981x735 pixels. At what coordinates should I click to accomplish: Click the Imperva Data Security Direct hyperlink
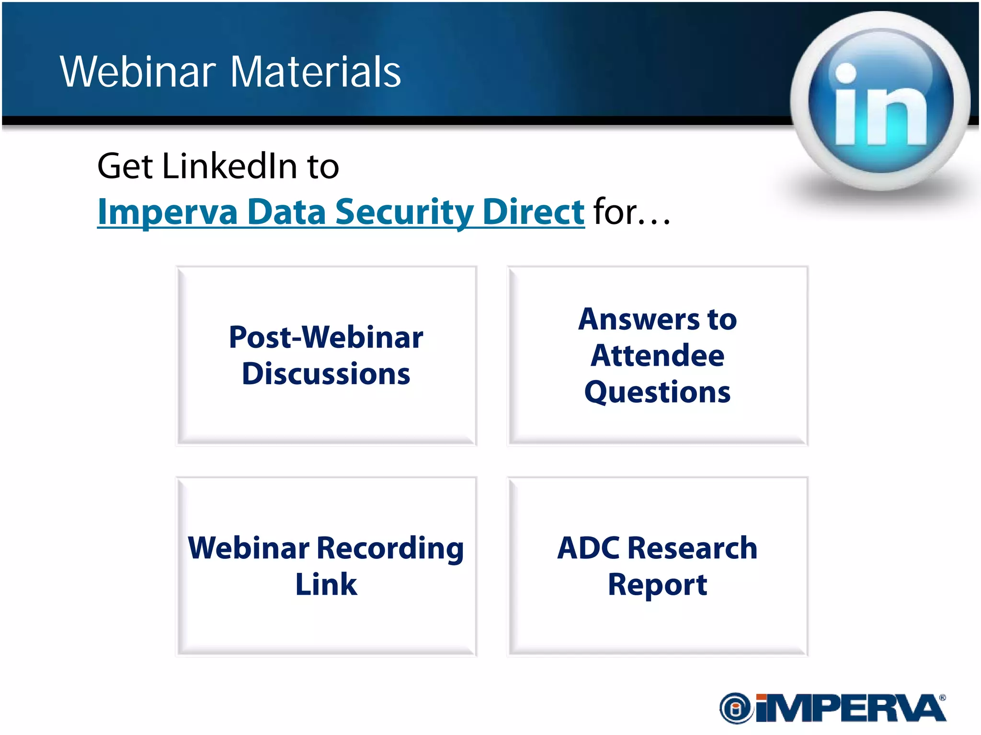tap(341, 212)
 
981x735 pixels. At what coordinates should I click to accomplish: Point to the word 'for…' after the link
tap(631, 212)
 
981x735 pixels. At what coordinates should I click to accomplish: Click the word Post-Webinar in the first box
tap(326, 337)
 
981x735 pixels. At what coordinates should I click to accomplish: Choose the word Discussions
tap(326, 374)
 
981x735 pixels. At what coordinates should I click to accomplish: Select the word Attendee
tap(658, 356)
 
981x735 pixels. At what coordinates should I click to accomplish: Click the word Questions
tap(658, 392)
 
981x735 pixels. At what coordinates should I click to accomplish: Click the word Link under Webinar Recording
tap(326, 584)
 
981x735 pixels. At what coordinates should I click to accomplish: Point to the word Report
tap(658, 584)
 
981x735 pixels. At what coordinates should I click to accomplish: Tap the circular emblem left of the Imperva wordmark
tap(735, 708)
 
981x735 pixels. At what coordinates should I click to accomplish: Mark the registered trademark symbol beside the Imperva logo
tap(943, 698)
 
